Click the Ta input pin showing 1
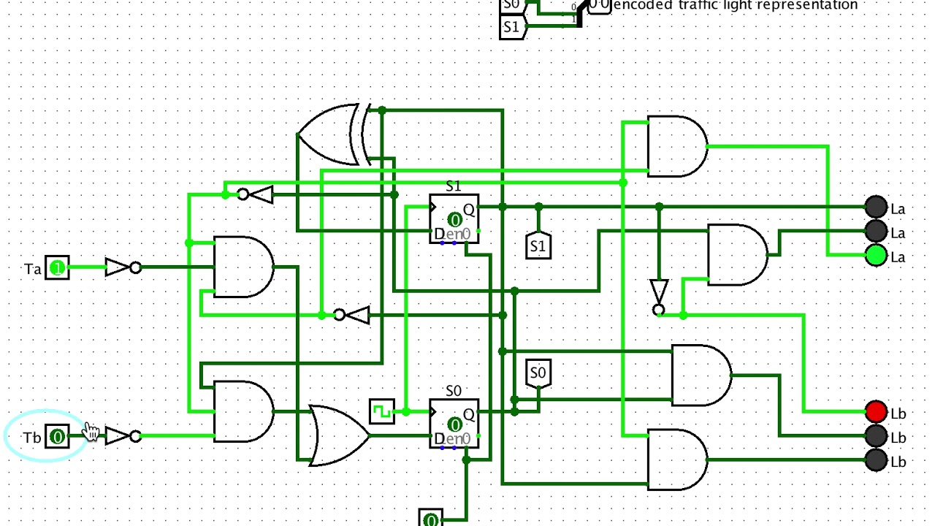point(57,268)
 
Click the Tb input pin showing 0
point(57,437)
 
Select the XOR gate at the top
point(329,135)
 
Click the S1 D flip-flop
point(454,218)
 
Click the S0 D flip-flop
point(454,424)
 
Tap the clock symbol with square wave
point(381,412)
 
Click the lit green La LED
point(876,256)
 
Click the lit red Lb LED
point(876,413)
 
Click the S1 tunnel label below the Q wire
point(538,246)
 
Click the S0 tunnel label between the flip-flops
point(538,373)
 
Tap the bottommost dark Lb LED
point(876,460)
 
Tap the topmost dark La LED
point(876,207)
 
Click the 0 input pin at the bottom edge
point(431,519)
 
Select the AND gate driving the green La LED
point(676,146)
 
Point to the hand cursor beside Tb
point(91,432)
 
